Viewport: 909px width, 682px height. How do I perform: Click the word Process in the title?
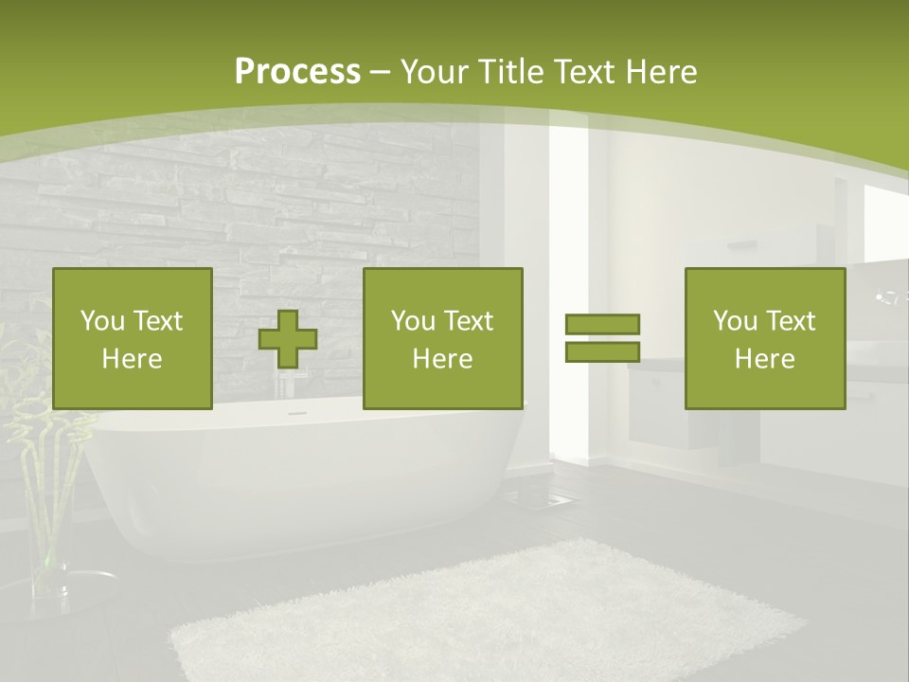pyautogui.click(x=297, y=71)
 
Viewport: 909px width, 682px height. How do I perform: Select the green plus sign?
pyautogui.click(x=288, y=339)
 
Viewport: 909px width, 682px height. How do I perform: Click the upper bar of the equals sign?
pyautogui.click(x=602, y=324)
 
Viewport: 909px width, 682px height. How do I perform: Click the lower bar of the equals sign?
pyautogui.click(x=602, y=351)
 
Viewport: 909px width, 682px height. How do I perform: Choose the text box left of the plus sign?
pyautogui.click(x=133, y=338)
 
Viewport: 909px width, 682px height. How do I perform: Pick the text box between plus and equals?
pyautogui.click(x=442, y=338)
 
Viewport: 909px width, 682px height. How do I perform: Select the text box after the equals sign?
pyautogui.click(x=764, y=338)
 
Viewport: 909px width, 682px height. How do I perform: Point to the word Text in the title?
pyautogui.click(x=584, y=71)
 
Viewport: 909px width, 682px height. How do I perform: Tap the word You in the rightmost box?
pyautogui.click(x=735, y=321)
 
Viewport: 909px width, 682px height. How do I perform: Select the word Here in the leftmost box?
pyautogui.click(x=132, y=358)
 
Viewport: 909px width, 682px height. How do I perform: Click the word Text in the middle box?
pyautogui.click(x=470, y=321)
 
